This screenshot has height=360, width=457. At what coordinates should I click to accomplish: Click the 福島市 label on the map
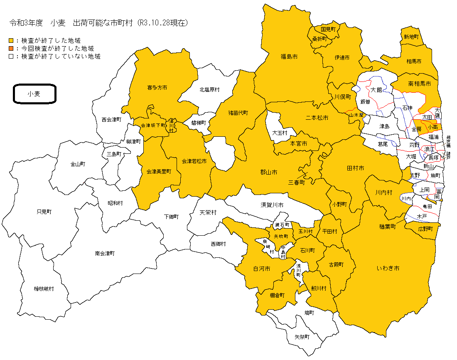[289, 56]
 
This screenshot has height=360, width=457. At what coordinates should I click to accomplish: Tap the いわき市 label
[388, 269]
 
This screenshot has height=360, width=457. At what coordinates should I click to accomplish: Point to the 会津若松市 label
[194, 161]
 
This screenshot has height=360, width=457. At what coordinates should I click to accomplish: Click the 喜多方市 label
[157, 88]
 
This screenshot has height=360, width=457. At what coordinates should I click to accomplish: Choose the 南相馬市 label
[420, 84]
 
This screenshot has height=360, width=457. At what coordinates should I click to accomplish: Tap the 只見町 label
[44, 212]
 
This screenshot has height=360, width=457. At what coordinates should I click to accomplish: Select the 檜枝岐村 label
[44, 288]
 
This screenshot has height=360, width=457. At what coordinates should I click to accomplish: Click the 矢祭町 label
[302, 337]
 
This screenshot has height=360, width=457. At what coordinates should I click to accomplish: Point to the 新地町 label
[411, 37]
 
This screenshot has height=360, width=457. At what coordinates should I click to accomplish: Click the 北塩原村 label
[209, 89]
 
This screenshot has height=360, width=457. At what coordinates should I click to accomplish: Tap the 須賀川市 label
[272, 205]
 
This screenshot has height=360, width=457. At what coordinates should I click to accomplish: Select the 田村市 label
[355, 168]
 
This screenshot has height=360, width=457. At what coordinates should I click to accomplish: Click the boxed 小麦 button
[34, 94]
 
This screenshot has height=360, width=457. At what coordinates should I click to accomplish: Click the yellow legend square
[11, 41]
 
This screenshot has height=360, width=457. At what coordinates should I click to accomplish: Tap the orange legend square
[11, 49]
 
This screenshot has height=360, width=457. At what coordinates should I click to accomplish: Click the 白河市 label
[262, 269]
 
